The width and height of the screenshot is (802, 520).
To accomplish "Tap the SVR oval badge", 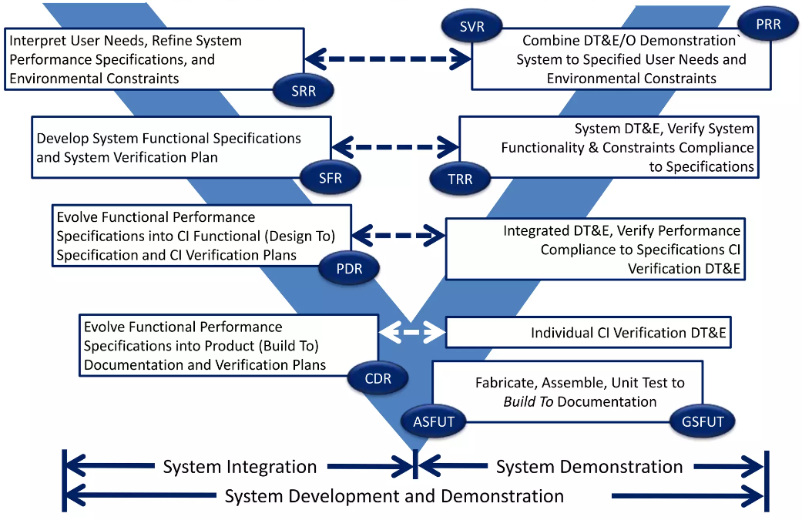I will pyautogui.click(x=472, y=27).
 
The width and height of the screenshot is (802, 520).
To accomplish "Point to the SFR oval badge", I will pyautogui.click(x=330, y=178).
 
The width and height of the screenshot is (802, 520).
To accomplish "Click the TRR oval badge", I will pyautogui.click(x=461, y=179).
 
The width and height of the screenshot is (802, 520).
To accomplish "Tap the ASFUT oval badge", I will pyautogui.click(x=434, y=421).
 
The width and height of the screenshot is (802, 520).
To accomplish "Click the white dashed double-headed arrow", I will pyautogui.click(x=412, y=333).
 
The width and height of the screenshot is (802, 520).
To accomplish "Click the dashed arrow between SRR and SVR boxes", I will pyautogui.click(x=388, y=58).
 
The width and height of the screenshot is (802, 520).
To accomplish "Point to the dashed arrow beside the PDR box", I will pyautogui.click(x=399, y=233).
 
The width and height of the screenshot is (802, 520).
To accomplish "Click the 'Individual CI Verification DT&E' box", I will pyautogui.click(x=588, y=334).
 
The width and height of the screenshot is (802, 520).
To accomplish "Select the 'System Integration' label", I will pyautogui.click(x=240, y=467).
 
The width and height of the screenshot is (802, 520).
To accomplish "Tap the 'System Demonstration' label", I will pyautogui.click(x=589, y=467).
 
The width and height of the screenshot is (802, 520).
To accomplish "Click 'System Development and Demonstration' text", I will pyautogui.click(x=394, y=496).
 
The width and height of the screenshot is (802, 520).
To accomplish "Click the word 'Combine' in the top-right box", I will pyautogui.click(x=549, y=41).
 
